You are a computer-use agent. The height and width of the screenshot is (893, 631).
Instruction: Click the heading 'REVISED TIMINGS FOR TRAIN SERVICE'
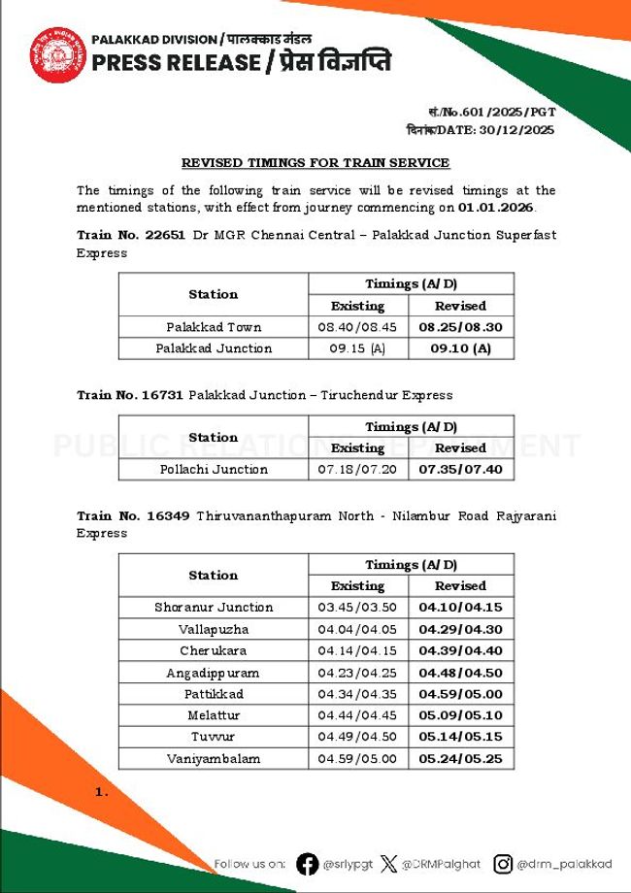click(x=315, y=163)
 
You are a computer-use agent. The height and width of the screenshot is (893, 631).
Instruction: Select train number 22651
click(x=167, y=235)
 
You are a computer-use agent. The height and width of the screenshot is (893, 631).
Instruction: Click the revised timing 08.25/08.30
click(x=460, y=327)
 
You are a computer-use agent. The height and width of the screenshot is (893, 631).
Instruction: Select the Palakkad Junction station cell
click(x=214, y=348)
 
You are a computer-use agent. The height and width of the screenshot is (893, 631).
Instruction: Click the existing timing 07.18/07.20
click(x=357, y=469)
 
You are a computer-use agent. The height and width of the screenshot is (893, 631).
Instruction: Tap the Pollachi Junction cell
click(x=214, y=469)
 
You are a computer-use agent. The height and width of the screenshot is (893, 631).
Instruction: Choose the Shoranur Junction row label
click(x=214, y=607)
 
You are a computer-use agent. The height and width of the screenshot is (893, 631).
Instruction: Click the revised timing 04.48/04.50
click(x=460, y=672)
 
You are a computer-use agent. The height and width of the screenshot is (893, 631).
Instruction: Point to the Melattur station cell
click(x=214, y=715)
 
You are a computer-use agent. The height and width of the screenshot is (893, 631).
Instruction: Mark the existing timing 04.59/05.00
click(x=357, y=758)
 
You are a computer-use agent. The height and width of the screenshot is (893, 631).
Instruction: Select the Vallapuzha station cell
click(x=214, y=629)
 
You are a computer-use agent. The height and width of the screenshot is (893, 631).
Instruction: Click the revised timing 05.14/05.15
click(x=460, y=737)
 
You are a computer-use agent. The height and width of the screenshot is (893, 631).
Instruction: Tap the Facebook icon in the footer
click(x=307, y=864)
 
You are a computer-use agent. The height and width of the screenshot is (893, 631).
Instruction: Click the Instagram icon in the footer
click(x=503, y=864)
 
